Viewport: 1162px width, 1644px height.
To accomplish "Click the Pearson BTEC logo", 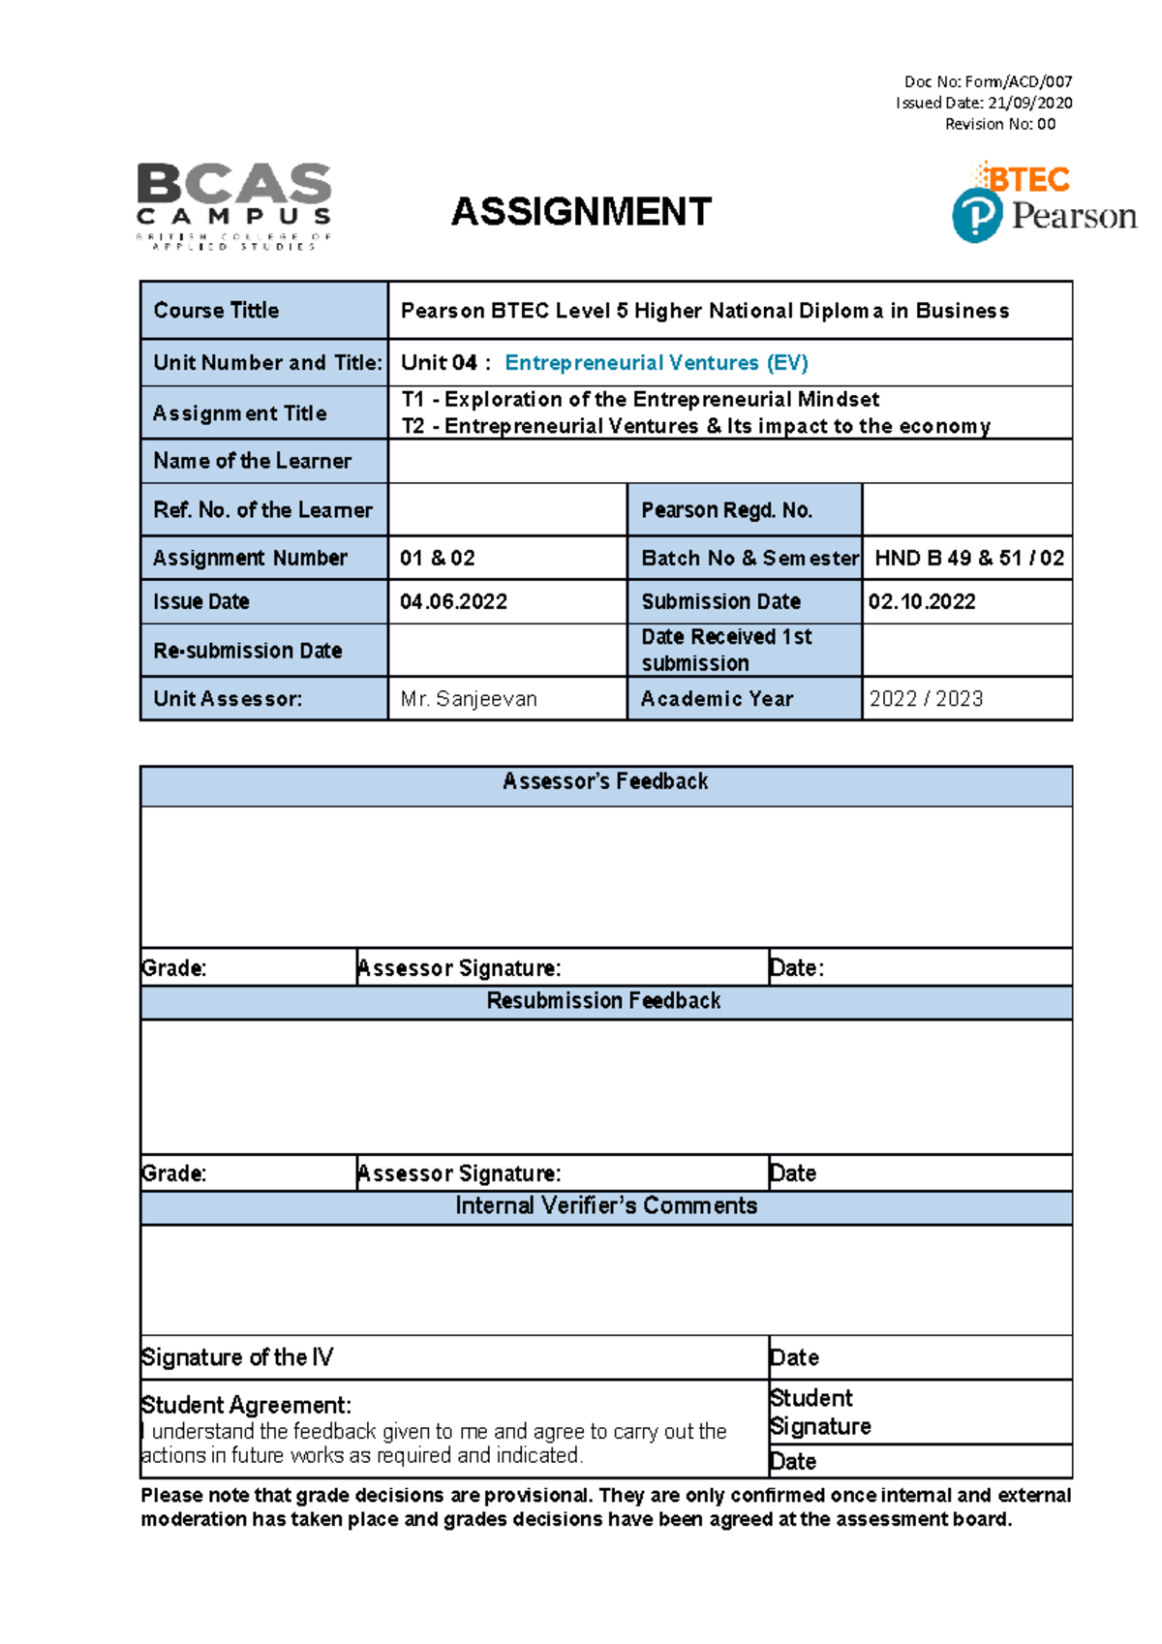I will [1043, 202].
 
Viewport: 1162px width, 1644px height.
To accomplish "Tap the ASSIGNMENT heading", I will [581, 212].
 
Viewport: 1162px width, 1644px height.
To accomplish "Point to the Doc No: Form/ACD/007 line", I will [988, 82].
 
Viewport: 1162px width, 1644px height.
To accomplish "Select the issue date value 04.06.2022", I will [453, 602].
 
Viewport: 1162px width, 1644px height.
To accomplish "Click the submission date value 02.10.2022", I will [922, 602].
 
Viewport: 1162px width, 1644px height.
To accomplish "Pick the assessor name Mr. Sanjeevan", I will [469, 699].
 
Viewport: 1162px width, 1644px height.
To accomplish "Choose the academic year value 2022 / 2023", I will [926, 699].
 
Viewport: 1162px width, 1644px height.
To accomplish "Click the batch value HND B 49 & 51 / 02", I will [968, 559].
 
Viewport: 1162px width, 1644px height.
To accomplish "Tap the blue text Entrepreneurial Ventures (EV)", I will [657, 363].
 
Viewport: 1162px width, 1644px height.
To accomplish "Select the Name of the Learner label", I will [253, 462].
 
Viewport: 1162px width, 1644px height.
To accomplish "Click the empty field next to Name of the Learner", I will [729, 462].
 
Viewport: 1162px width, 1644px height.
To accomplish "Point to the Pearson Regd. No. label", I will [726, 510].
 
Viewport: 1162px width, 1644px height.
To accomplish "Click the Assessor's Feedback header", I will [605, 782].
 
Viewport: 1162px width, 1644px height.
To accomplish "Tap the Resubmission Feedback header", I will [603, 1001].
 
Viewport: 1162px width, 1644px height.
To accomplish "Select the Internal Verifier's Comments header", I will [606, 1206].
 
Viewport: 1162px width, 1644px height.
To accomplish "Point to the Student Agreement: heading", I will [246, 1406].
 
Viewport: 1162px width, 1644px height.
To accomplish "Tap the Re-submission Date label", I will [248, 651].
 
